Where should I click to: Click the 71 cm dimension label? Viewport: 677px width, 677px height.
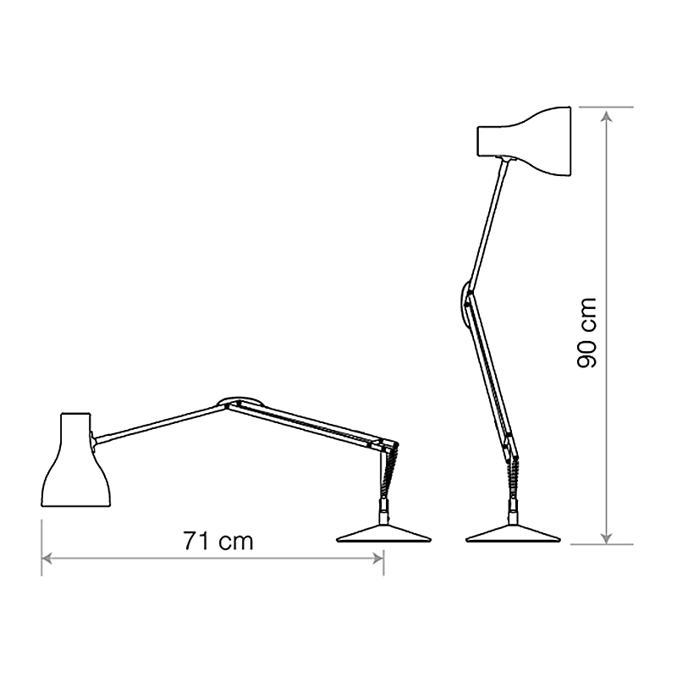tap(218, 540)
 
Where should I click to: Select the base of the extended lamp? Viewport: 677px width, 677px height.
tap(383, 533)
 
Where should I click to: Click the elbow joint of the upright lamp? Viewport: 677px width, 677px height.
tap(465, 305)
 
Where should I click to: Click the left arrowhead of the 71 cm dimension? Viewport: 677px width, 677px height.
tap(47, 559)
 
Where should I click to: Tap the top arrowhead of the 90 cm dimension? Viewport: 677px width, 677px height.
tap(606, 113)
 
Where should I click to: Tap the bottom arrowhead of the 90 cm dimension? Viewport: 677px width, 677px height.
tap(606, 537)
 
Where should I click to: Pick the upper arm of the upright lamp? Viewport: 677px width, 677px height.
tap(487, 223)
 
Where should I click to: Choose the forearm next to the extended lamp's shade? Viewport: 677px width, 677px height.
tap(161, 423)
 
